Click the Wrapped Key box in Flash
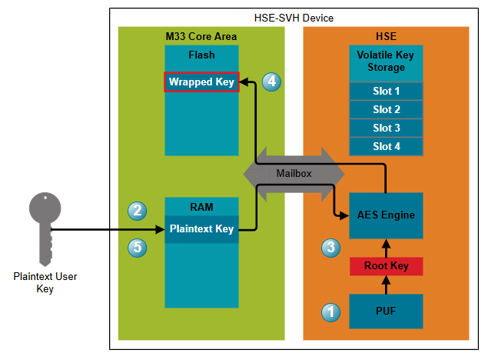click(201, 82)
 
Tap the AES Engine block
click(386, 215)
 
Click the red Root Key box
click(386, 266)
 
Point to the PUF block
click(386, 311)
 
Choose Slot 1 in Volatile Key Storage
click(386, 91)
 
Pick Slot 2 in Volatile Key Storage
click(386, 109)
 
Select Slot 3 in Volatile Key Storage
click(386, 128)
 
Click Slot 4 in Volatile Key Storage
click(386, 146)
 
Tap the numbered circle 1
click(331, 312)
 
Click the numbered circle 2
click(138, 209)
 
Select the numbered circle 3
click(331, 248)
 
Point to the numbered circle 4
click(271, 82)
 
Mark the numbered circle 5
click(138, 247)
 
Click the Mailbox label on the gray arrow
click(294, 173)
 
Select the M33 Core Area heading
click(201, 36)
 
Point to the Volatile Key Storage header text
click(386, 62)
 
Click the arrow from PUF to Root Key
click(386, 285)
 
